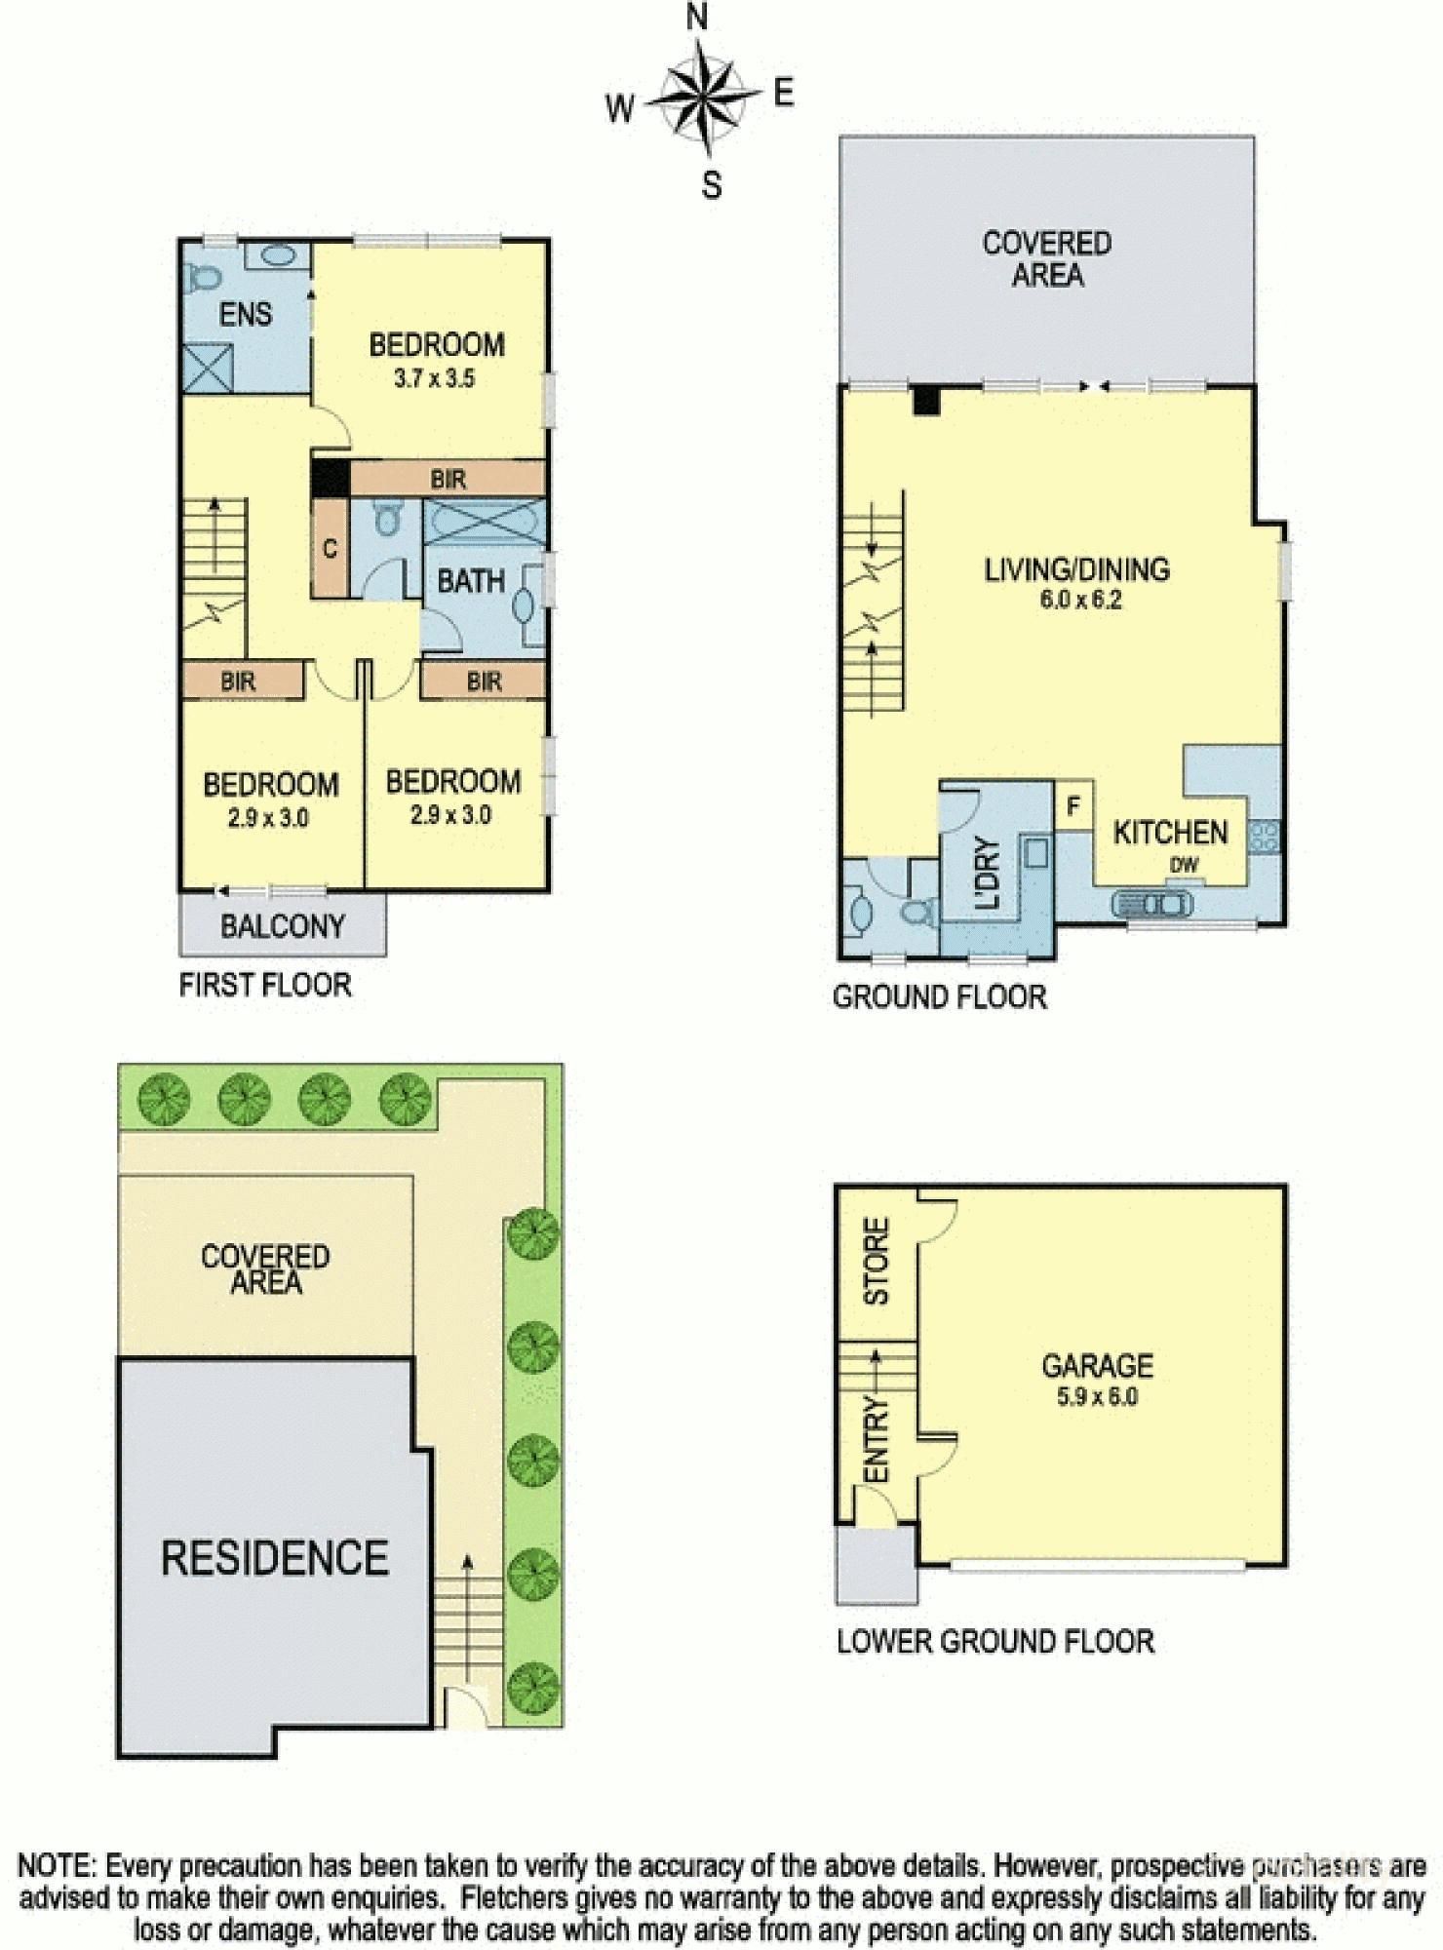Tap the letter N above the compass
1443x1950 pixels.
(697, 17)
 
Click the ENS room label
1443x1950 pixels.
(245, 314)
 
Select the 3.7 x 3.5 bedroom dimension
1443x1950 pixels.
(434, 378)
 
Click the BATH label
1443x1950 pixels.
(470, 582)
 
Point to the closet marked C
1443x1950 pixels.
(330, 549)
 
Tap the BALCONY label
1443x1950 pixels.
(282, 925)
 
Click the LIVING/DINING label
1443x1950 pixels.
(1076, 569)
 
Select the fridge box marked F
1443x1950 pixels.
(1073, 806)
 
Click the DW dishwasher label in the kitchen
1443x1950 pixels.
(1184, 864)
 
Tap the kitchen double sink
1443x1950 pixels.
(1151, 904)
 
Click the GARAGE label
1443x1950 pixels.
(1097, 1365)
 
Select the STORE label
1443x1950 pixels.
(877, 1261)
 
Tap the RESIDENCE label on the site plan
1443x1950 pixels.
(274, 1557)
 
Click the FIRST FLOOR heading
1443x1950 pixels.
(264, 985)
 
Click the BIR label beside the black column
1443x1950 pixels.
(448, 479)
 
